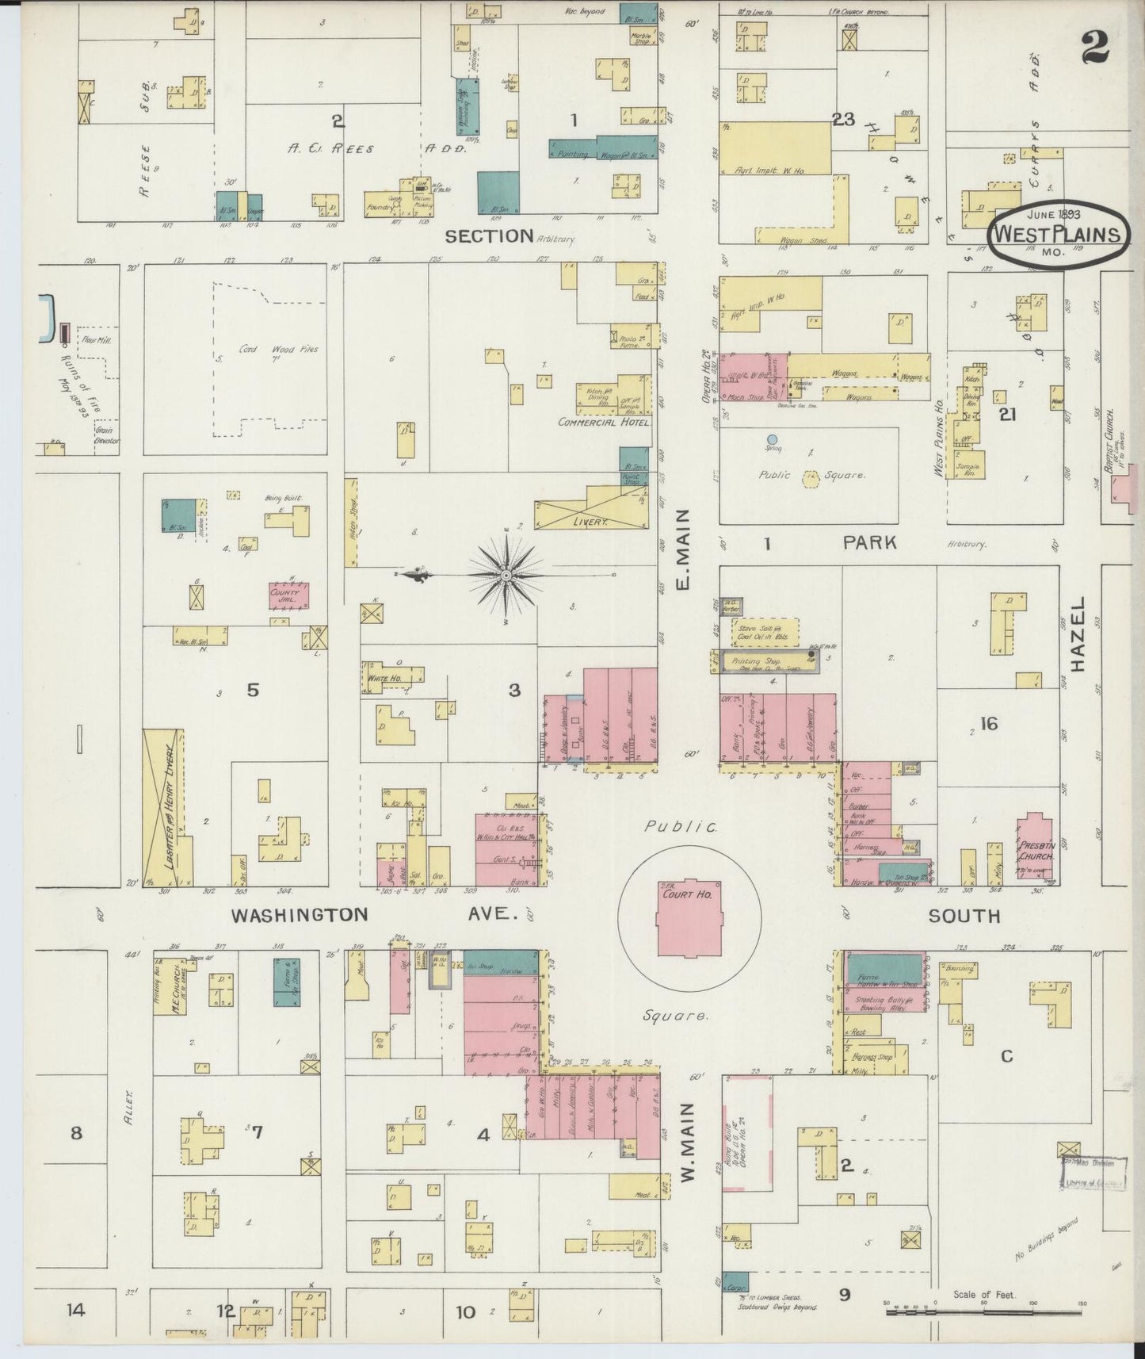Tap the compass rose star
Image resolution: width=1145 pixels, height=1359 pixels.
505,573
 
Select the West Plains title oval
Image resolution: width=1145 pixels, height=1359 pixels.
1058,234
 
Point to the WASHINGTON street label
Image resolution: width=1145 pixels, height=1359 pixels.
300,914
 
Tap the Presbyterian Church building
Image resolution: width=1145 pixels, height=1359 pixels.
1035,848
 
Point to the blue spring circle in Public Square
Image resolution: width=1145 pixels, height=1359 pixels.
773,438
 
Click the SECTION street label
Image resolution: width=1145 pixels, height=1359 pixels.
489,235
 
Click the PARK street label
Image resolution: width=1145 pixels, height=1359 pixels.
869,542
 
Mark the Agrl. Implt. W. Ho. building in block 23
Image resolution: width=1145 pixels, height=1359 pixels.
775,148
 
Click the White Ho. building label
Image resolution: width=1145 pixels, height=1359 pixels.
384,679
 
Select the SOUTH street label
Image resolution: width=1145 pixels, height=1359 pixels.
964,916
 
